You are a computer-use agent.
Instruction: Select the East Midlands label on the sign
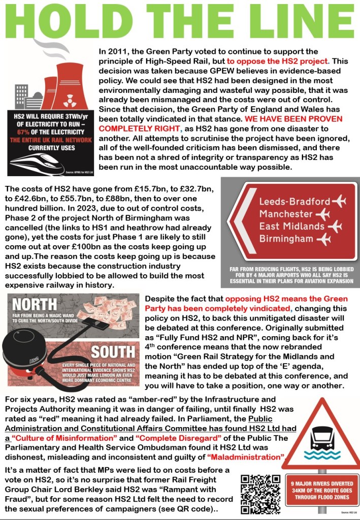pos(291,226)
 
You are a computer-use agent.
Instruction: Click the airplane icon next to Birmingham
pos(323,239)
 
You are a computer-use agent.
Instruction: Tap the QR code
pos(261,493)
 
